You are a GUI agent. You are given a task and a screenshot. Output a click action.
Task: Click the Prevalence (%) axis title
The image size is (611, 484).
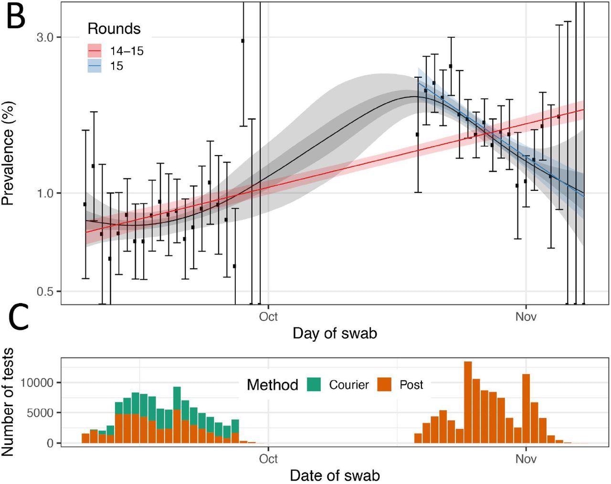click(8, 153)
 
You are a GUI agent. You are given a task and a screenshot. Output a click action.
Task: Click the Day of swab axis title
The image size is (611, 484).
click(335, 333)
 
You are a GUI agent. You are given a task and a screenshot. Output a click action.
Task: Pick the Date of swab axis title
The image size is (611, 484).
click(335, 475)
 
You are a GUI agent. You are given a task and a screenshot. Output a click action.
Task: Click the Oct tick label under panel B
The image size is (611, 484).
click(268, 316)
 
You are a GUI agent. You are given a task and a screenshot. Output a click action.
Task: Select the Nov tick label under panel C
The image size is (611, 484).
click(526, 459)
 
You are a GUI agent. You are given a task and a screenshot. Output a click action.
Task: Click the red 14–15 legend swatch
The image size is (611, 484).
click(95, 51)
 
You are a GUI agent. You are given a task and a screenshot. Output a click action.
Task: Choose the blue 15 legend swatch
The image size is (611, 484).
click(95, 65)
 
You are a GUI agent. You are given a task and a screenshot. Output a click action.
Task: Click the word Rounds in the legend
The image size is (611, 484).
click(114, 29)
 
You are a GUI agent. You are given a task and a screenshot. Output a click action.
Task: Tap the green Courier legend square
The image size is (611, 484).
click(313, 384)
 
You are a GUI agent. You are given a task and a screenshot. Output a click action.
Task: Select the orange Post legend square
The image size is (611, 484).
click(384, 384)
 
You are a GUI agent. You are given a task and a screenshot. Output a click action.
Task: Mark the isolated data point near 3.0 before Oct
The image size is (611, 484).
click(242, 41)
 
